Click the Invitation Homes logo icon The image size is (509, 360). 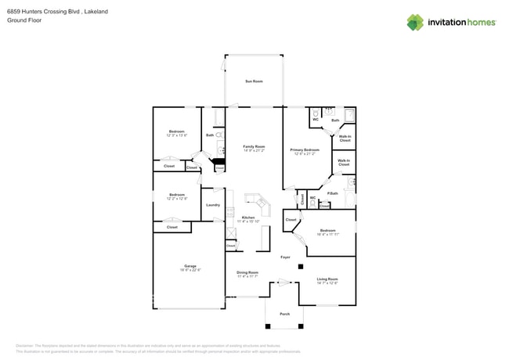pyautogui.click(x=414, y=23)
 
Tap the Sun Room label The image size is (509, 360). pyautogui.click(x=254, y=81)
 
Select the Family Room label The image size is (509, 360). pyautogui.click(x=254, y=146)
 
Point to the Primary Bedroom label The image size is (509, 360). pyautogui.click(x=305, y=149)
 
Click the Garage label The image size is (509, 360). pyautogui.click(x=190, y=265)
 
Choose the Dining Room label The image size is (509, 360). pyautogui.click(x=247, y=272)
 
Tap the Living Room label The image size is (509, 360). pyautogui.click(x=327, y=279)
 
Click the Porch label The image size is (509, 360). pyautogui.click(x=285, y=314)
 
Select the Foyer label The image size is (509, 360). pyautogui.click(x=286, y=257)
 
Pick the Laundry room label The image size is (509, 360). pyautogui.click(x=212, y=205)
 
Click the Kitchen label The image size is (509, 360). pyautogui.click(x=247, y=217)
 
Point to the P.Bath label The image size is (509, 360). pyautogui.click(x=333, y=193)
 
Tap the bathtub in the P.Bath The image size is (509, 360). pyautogui.click(x=351, y=184)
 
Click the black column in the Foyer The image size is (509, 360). pyautogui.click(x=301, y=267)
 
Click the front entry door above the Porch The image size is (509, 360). pyautogui.click(x=283, y=283)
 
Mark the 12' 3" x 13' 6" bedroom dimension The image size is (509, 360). pyautogui.click(x=177, y=135)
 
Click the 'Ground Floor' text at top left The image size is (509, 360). pyautogui.click(x=24, y=21)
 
